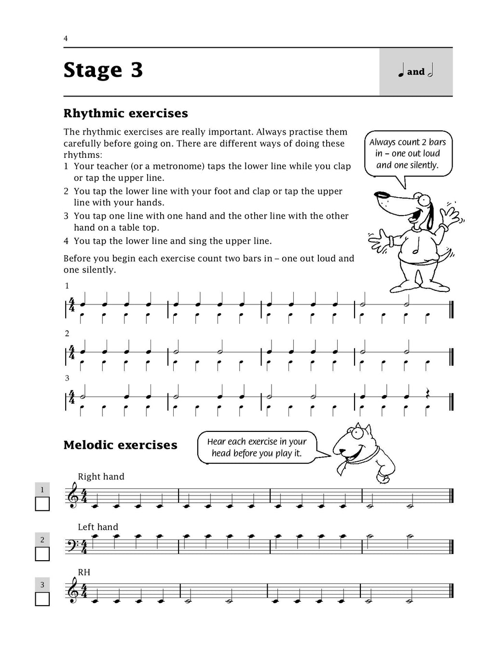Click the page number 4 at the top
tap(66, 39)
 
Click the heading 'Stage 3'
tap(103, 70)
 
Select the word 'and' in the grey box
tap(415, 72)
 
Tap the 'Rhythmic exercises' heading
tap(125, 113)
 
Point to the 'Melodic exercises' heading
tap(120, 445)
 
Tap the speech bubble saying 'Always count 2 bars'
tap(408, 153)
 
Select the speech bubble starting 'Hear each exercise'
tap(257, 447)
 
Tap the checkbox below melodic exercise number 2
tap(42, 554)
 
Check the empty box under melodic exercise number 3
tap(42, 599)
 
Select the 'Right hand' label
tap(101, 477)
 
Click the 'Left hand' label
tap(98, 527)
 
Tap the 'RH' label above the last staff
tap(84, 572)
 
